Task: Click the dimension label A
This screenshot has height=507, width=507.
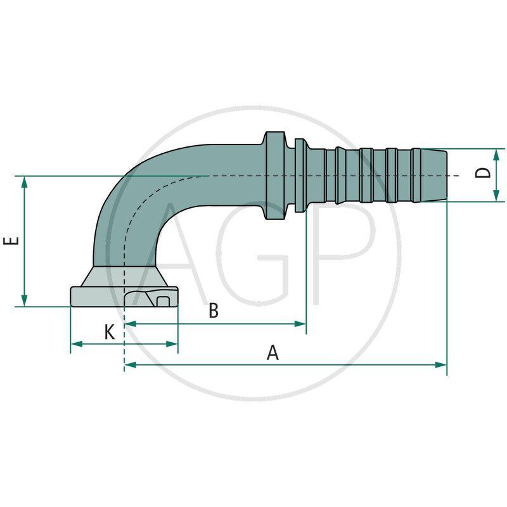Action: (x=273, y=352)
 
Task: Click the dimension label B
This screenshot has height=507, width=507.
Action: (x=214, y=311)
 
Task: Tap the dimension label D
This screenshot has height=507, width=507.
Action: (x=484, y=173)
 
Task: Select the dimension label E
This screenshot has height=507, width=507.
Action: (x=11, y=241)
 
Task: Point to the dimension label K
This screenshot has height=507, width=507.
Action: (x=110, y=331)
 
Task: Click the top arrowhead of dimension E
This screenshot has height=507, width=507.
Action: (x=25, y=182)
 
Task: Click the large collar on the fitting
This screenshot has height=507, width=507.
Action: (x=274, y=176)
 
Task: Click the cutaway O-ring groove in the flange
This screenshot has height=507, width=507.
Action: (x=162, y=300)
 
